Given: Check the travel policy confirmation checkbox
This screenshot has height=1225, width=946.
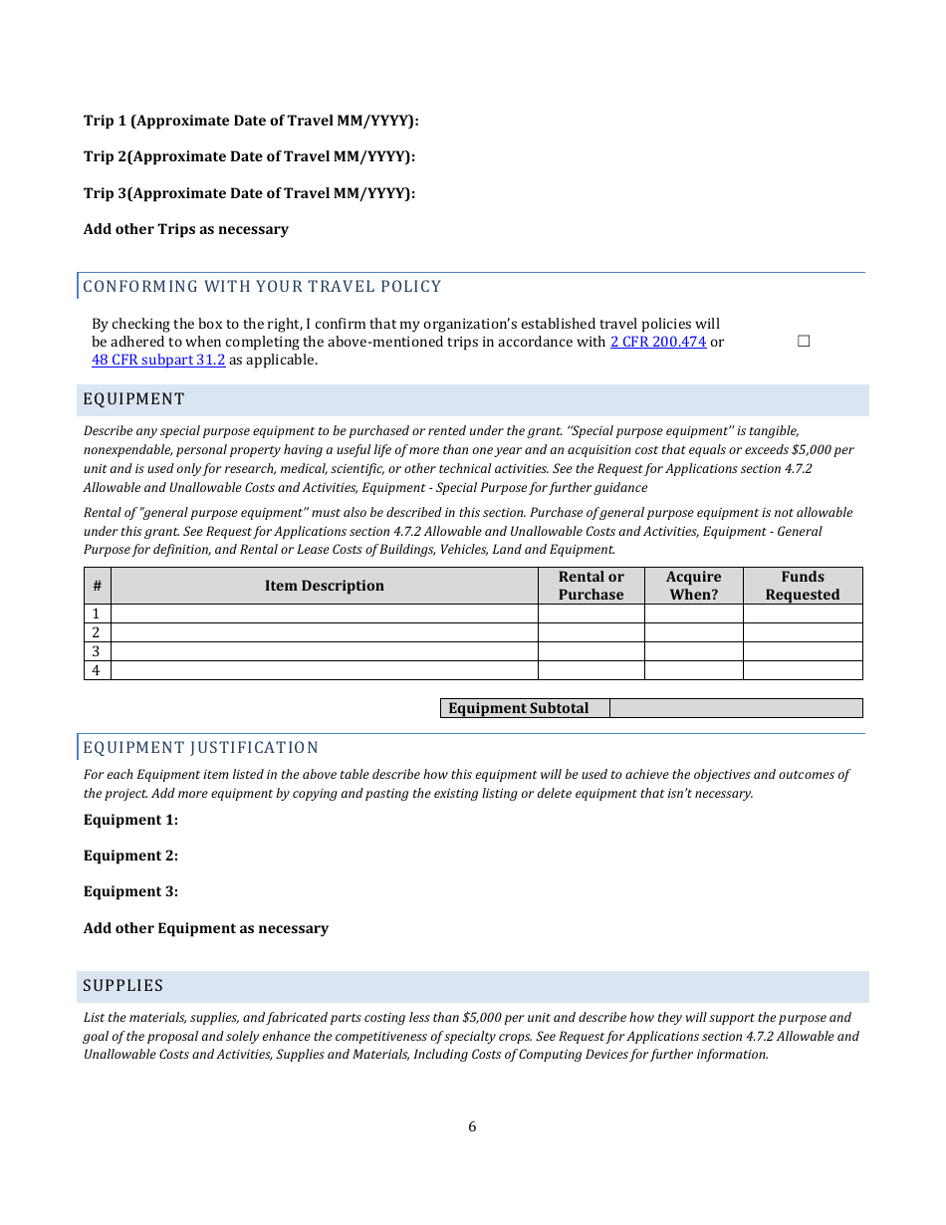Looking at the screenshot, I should tap(804, 342).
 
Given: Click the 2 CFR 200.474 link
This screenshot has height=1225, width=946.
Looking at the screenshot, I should tap(658, 342).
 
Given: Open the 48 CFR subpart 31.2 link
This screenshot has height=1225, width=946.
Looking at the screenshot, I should tap(158, 360).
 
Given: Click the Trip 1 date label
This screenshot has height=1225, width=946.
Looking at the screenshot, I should tap(251, 121).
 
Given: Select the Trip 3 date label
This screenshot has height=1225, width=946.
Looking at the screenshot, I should tap(249, 193).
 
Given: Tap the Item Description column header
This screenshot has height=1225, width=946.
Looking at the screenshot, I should tap(324, 586).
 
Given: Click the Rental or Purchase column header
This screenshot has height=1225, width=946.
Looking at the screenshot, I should tap(591, 586).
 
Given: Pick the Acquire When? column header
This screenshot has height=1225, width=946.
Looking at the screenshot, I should tap(693, 586).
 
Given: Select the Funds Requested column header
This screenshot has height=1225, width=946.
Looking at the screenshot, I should tap(803, 586).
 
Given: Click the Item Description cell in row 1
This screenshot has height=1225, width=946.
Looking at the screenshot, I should tap(324, 613).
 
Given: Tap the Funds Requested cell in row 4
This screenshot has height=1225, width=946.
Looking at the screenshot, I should tap(803, 670).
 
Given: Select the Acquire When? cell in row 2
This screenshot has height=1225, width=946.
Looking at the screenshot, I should tap(693, 632).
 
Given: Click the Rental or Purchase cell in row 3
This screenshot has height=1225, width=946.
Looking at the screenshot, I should tap(591, 651).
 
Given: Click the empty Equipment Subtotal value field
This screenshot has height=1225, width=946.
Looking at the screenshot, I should tap(735, 708).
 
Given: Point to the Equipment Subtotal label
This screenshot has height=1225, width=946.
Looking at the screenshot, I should tap(519, 708).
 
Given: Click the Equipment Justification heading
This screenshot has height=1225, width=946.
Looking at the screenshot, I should tap(200, 748).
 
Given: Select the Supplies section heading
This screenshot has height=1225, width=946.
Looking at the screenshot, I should tap(122, 986).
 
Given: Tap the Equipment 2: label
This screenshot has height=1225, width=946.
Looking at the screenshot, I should tap(130, 856).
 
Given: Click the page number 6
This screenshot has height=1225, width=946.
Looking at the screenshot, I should tap(472, 1127).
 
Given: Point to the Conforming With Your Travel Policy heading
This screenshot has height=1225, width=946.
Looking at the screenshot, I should tap(262, 287).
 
